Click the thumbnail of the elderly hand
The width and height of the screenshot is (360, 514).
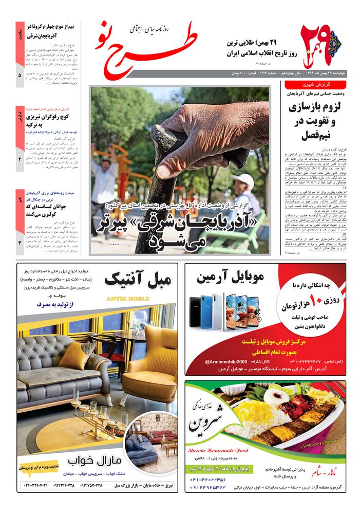(x=180, y=170)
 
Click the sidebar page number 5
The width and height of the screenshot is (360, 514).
(x=20, y=76)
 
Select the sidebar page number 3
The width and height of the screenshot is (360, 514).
(x=20, y=243)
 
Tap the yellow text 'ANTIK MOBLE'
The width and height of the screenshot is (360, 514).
(x=128, y=299)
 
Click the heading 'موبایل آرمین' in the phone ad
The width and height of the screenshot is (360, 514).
(x=230, y=278)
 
